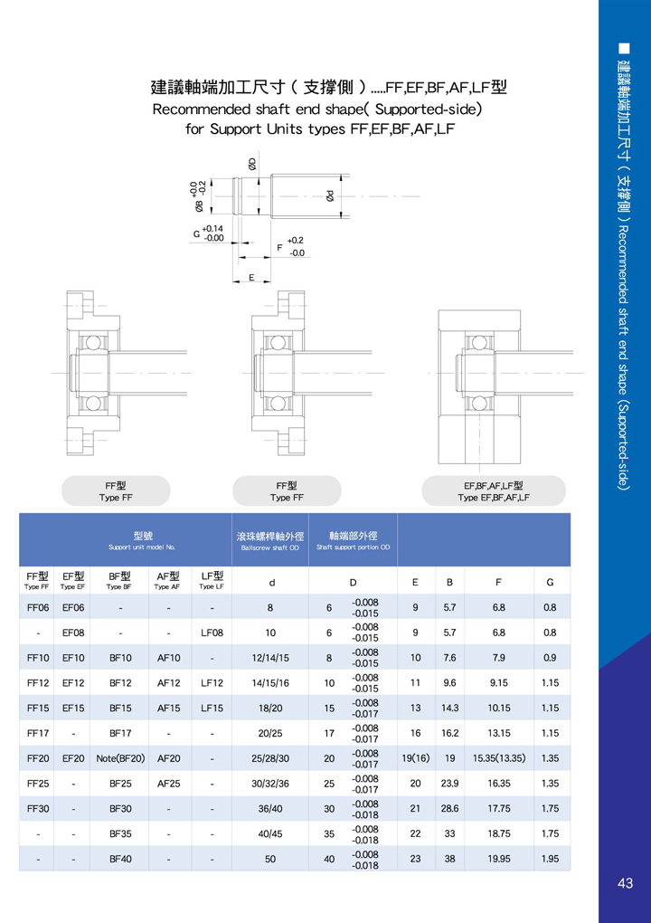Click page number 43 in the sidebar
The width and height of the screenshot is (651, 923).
[x=625, y=883]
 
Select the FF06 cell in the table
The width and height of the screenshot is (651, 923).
[x=38, y=607]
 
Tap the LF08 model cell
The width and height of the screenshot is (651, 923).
[x=212, y=633]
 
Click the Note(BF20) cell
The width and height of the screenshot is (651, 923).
[x=120, y=758]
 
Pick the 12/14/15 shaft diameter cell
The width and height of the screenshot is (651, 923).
[x=270, y=658]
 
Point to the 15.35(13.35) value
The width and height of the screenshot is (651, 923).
[x=499, y=758]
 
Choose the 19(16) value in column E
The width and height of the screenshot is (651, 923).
[x=415, y=758]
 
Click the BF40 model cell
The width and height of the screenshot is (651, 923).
[x=120, y=859]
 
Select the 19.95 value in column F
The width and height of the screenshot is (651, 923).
[x=499, y=859]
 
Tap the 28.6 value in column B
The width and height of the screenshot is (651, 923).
[x=450, y=809]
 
